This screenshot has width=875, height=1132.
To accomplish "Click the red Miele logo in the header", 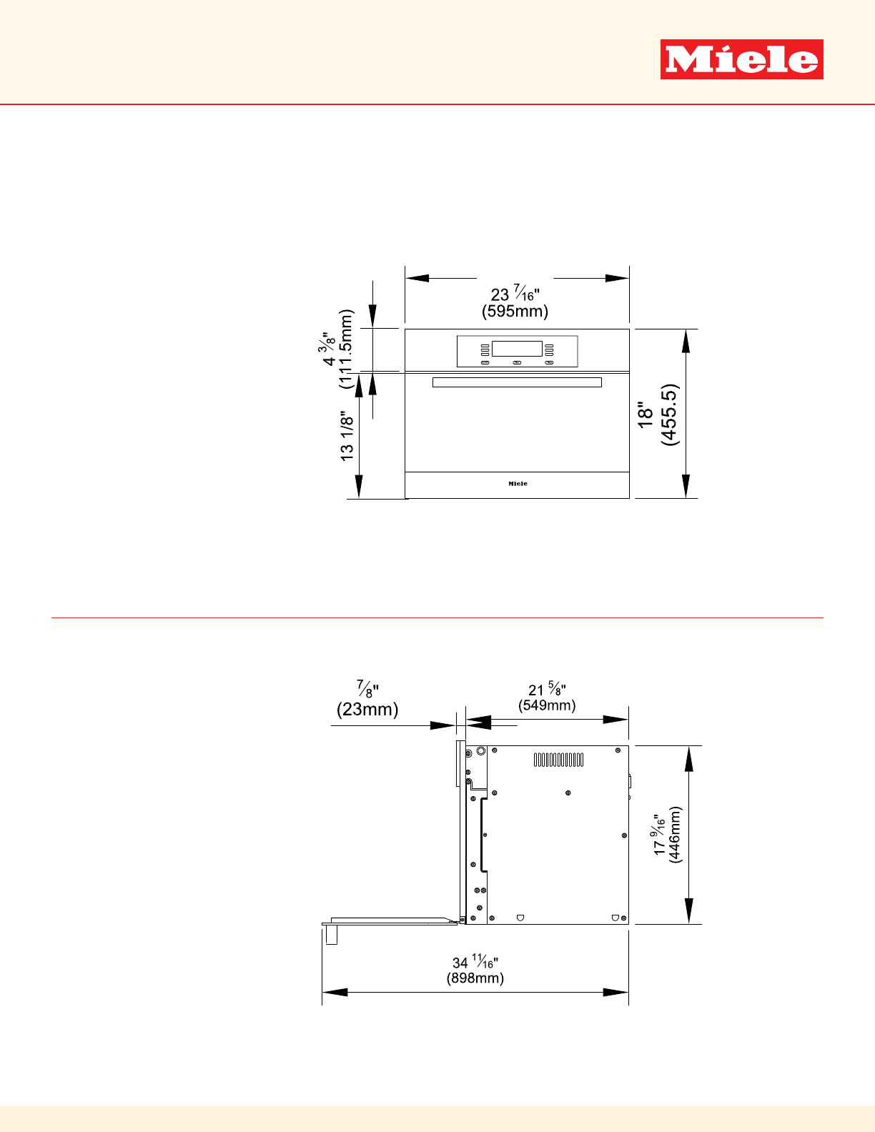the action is [x=741, y=59].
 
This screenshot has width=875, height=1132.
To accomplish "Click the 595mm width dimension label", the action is [x=515, y=312].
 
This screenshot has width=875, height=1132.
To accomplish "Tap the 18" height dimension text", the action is [x=646, y=414].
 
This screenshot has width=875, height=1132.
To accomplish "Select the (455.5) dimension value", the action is [x=669, y=414].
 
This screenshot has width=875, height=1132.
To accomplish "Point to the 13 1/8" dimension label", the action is [x=347, y=436].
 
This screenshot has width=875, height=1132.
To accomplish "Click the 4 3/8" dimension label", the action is [x=327, y=349].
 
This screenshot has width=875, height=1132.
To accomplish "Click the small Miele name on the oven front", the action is [x=518, y=484].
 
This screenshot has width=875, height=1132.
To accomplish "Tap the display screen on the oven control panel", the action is [x=517, y=349].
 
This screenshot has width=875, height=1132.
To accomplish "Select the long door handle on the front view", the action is [x=517, y=382].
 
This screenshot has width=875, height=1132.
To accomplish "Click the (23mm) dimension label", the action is [x=367, y=710].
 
